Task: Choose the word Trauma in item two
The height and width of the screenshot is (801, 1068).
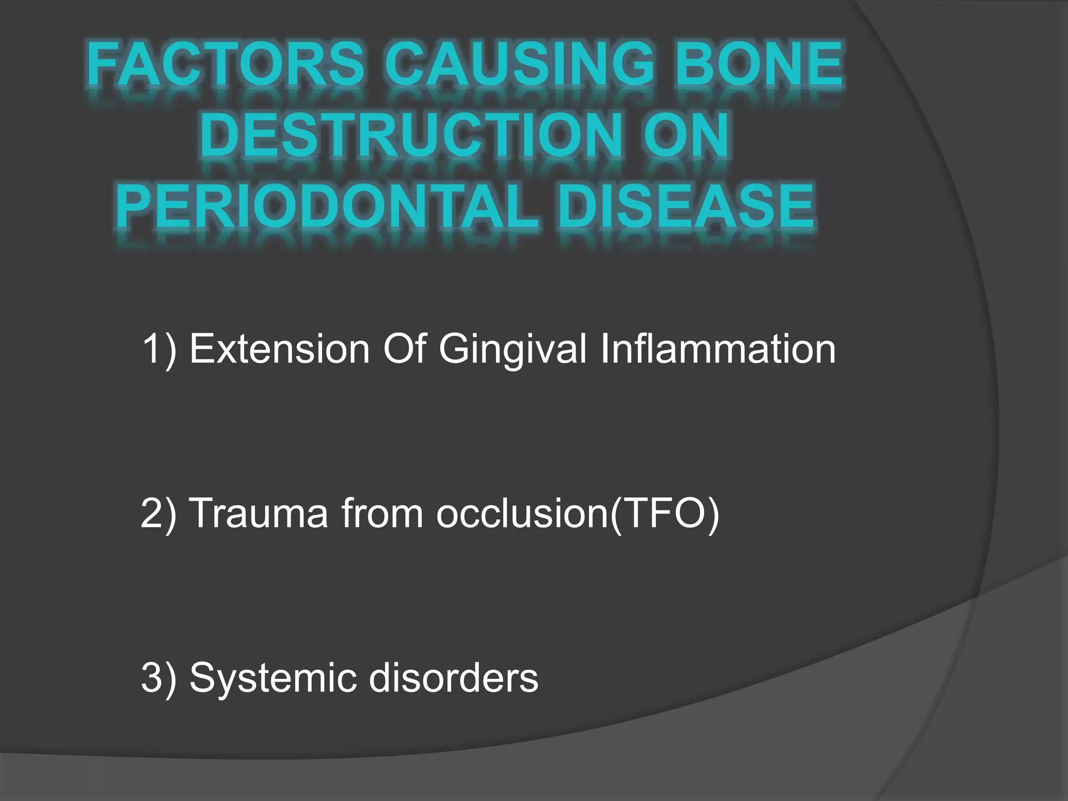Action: click(259, 513)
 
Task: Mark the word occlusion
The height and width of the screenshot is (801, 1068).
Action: click(521, 513)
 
